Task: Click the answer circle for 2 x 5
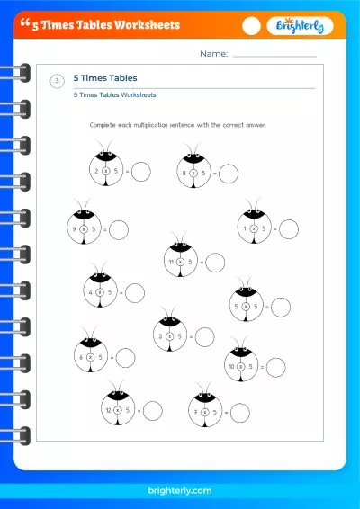click(141, 170)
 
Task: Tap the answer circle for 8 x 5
click(229, 173)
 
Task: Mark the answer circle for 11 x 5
click(215, 263)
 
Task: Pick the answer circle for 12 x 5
click(153, 410)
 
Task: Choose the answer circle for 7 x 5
click(239, 413)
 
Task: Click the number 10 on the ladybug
click(231, 366)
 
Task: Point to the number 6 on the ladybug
click(81, 357)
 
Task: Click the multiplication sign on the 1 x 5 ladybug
click(254, 229)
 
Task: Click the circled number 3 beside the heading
click(58, 82)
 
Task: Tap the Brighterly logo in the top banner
click(300, 26)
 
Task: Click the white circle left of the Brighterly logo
click(252, 26)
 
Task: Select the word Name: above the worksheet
click(213, 55)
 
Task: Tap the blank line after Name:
click(274, 57)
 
